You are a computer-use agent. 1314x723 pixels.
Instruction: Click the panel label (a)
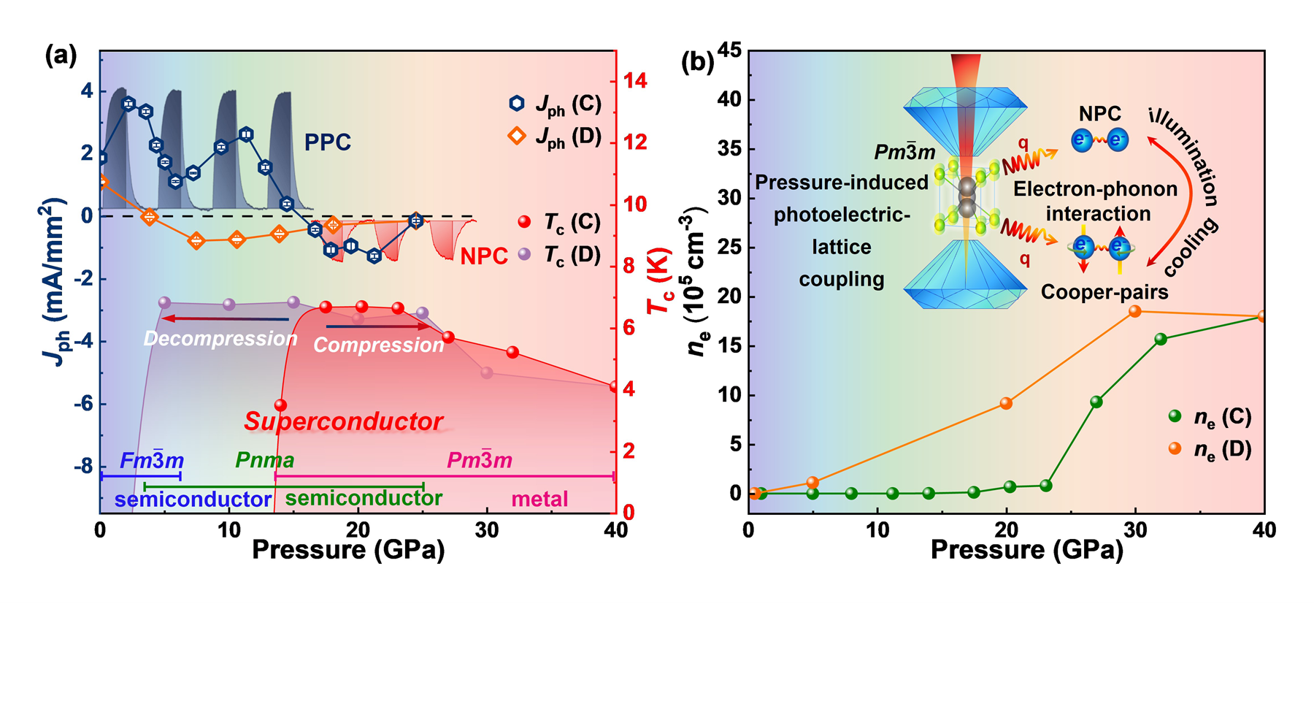61,56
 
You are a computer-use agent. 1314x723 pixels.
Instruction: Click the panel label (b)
697,62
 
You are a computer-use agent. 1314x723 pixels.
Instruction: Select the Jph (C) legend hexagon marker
517,104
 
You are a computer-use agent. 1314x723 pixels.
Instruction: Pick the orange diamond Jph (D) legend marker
517,136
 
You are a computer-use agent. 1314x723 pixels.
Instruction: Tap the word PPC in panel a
327,142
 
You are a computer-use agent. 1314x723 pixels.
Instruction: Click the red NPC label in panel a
484,256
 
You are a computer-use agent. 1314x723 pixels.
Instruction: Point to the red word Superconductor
343,421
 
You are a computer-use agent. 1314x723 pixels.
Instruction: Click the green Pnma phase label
264,460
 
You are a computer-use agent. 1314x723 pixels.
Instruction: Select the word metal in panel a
539,499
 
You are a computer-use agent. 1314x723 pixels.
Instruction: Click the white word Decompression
220,339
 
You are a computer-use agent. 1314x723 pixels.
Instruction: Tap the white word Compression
378,345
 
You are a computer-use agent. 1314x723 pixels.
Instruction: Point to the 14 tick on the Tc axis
635,80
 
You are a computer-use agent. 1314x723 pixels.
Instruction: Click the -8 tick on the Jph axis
83,466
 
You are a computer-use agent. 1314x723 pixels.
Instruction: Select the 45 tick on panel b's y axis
729,50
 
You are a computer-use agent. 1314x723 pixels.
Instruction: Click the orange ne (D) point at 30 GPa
1135,311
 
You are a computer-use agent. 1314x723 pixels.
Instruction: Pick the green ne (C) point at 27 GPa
1096,402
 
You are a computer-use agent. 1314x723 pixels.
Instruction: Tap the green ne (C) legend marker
1175,416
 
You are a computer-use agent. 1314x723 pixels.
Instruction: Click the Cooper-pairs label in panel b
1104,292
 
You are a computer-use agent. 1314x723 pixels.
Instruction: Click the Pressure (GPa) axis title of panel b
1026,549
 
